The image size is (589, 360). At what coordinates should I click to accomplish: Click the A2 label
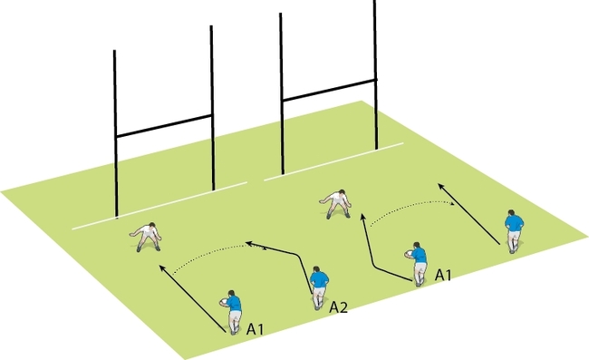click(x=338, y=308)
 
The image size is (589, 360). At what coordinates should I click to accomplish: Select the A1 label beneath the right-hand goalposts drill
click(x=444, y=274)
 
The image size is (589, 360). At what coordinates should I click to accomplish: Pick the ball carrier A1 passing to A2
click(x=233, y=310)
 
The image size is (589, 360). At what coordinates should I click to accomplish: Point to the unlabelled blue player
click(x=514, y=231)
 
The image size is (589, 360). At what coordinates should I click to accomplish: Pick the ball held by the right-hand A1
click(x=410, y=255)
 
